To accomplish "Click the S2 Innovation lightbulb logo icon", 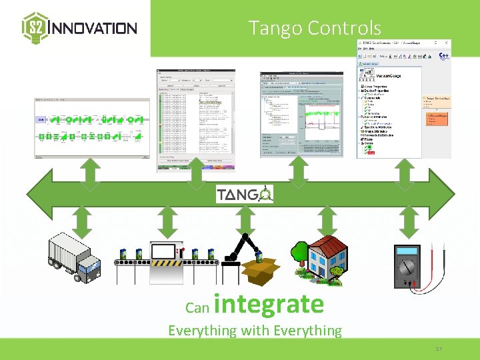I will pos(35,27).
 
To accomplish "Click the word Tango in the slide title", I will pos(276,28).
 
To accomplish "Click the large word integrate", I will pos(269,304).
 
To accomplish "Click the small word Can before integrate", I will pos(197,307).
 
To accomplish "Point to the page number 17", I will pos(438,349).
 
